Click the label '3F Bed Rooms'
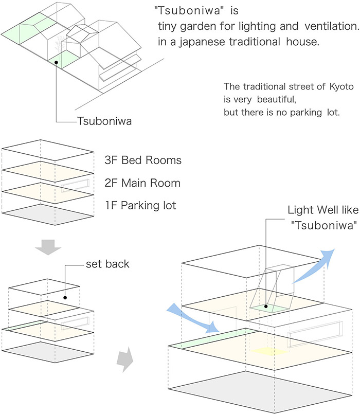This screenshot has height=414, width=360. [x=143, y=160]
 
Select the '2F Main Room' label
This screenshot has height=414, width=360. [x=142, y=183]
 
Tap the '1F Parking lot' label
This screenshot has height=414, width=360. [x=141, y=205]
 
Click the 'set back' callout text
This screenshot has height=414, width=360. [x=107, y=264]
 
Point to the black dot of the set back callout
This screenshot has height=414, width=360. [x=65, y=298]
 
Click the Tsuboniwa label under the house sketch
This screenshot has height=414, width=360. [x=104, y=121]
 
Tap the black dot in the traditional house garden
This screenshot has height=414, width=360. [x=56, y=62]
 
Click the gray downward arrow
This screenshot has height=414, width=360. [x=48, y=247]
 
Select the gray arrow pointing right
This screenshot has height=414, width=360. [x=125, y=359]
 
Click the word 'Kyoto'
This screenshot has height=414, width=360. [x=341, y=86]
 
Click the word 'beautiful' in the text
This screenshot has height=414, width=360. [x=276, y=100]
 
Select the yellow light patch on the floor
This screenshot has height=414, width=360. [x=269, y=351]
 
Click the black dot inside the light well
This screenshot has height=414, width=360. [x=266, y=307]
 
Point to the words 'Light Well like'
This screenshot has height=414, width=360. [x=323, y=210]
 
